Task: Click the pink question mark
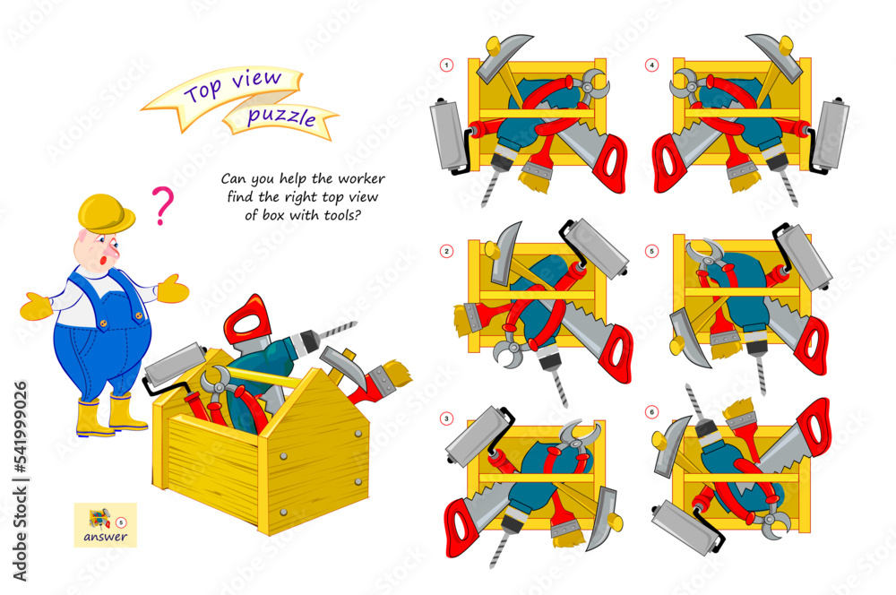(x=162, y=205)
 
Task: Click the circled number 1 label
(x=444, y=65)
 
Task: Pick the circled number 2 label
(x=444, y=251)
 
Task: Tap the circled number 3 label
(x=444, y=418)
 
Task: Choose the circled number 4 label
(x=651, y=65)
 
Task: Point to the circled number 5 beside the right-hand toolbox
(x=651, y=251)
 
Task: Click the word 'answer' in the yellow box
(x=106, y=538)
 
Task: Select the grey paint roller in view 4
(x=830, y=134)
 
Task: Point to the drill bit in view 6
(x=697, y=402)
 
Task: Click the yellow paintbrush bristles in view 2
(x=465, y=319)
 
